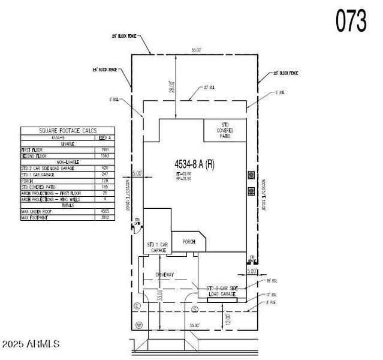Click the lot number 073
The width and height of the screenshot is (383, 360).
click(x=351, y=21)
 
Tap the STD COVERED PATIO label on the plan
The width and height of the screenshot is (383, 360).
click(x=225, y=130)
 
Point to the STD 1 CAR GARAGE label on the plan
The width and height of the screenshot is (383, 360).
click(x=159, y=247)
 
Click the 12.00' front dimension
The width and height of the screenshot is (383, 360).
click(x=227, y=317)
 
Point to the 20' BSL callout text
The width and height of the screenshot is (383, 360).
click(x=208, y=87)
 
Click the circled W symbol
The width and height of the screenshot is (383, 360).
click(x=138, y=325)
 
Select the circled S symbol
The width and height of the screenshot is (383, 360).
click(x=195, y=309)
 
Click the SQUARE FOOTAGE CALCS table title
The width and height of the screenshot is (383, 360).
click(x=67, y=130)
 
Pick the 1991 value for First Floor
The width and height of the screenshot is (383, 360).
click(x=105, y=149)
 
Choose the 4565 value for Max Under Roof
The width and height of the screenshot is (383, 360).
click(x=105, y=212)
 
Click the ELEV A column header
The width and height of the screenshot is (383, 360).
click(x=105, y=137)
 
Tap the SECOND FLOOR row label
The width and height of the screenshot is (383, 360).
click(x=36, y=155)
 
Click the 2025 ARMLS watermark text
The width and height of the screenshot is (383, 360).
click(x=31, y=344)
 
